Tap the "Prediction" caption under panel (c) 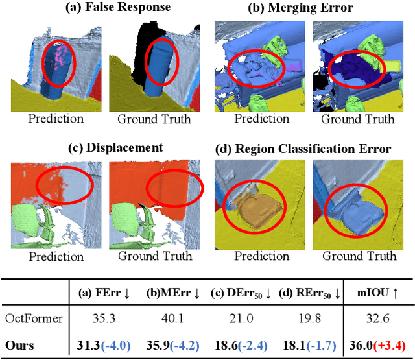[x=58, y=256]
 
